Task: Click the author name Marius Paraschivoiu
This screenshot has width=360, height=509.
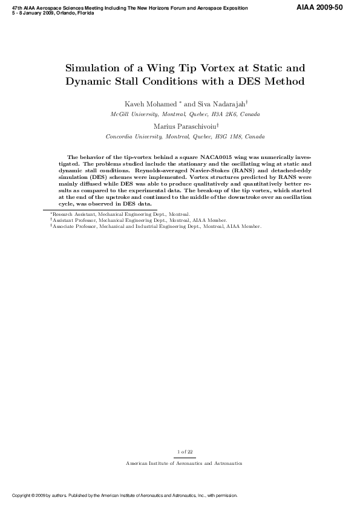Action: click(182, 126)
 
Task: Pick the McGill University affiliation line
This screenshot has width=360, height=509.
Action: click(185, 114)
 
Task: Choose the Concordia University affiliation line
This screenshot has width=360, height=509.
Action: click(185, 137)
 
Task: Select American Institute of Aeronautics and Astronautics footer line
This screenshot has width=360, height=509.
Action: click(184, 463)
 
